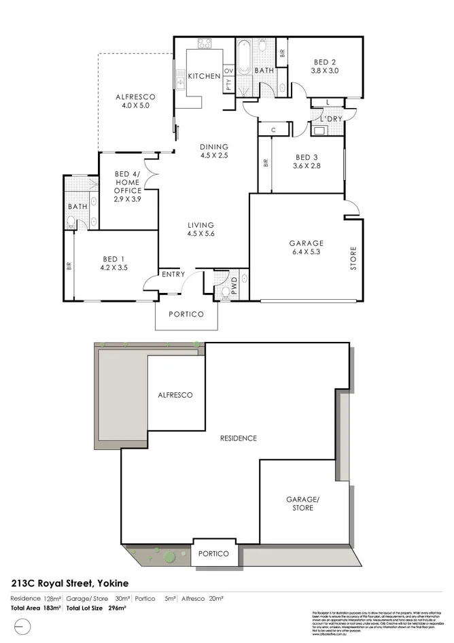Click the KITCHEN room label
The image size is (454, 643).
click(204, 76)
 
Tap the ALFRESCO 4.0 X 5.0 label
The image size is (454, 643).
click(135, 101)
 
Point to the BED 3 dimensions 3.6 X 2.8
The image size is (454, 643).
click(305, 165)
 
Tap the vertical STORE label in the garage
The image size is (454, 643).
click(353, 258)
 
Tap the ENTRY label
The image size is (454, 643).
click(173, 274)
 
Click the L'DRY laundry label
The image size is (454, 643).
click(330, 118)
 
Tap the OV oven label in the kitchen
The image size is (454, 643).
click(228, 70)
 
